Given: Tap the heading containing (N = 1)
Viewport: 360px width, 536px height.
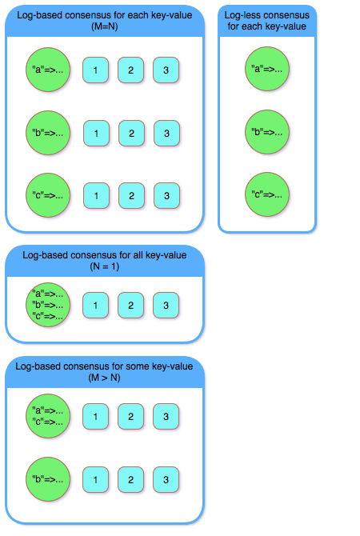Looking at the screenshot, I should click(x=104, y=260).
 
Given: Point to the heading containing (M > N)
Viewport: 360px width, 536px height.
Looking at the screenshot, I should click(x=104, y=371).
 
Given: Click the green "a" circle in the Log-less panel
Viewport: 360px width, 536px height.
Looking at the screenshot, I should click(x=267, y=69).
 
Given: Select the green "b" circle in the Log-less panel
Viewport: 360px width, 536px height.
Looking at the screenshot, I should click(x=267, y=132).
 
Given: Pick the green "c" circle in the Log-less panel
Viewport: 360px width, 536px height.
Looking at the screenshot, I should click(x=267, y=194).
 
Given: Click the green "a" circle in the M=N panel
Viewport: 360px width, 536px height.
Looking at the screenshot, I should click(x=48, y=70).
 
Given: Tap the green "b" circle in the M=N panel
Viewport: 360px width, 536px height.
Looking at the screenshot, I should click(x=48, y=132).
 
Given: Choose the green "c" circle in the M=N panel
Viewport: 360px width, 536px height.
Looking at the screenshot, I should click(x=48, y=194).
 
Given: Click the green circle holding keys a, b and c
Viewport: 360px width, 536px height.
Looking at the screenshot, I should click(x=48, y=305).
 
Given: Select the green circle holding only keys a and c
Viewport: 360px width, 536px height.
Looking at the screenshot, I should click(x=48, y=416).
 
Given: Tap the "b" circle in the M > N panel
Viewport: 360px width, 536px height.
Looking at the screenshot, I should click(x=48, y=478).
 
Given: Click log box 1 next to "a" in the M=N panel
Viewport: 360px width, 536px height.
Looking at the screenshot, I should click(x=96, y=70).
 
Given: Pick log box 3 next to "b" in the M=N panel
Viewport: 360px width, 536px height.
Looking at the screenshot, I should click(x=166, y=133).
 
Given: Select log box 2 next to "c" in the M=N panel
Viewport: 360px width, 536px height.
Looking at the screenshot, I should click(x=131, y=195).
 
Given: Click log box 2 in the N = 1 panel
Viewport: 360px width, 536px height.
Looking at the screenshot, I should click(x=131, y=305).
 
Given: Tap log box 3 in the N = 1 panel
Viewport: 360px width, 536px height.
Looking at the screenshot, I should click(x=166, y=305).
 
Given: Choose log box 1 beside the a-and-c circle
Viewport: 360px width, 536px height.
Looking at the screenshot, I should click(x=96, y=416).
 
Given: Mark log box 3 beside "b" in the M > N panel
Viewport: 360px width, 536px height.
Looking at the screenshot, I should click(x=166, y=479).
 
